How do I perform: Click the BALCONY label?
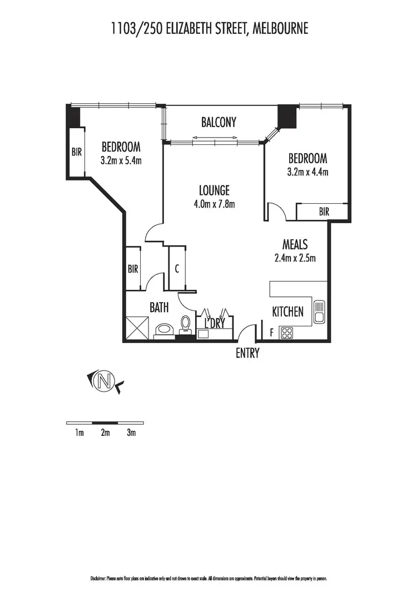(219, 122)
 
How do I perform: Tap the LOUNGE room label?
(214, 190)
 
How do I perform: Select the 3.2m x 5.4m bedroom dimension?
(121, 161)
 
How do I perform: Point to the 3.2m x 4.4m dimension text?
(307, 172)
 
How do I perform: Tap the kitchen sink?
(319, 311)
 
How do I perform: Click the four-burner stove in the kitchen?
(287, 333)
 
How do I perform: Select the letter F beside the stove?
(271, 333)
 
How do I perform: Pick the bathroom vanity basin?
(163, 330)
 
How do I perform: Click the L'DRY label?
(218, 323)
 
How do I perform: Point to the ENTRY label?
(247, 353)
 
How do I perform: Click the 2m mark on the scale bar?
(105, 433)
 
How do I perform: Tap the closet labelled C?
(177, 269)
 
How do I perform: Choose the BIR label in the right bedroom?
(324, 212)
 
